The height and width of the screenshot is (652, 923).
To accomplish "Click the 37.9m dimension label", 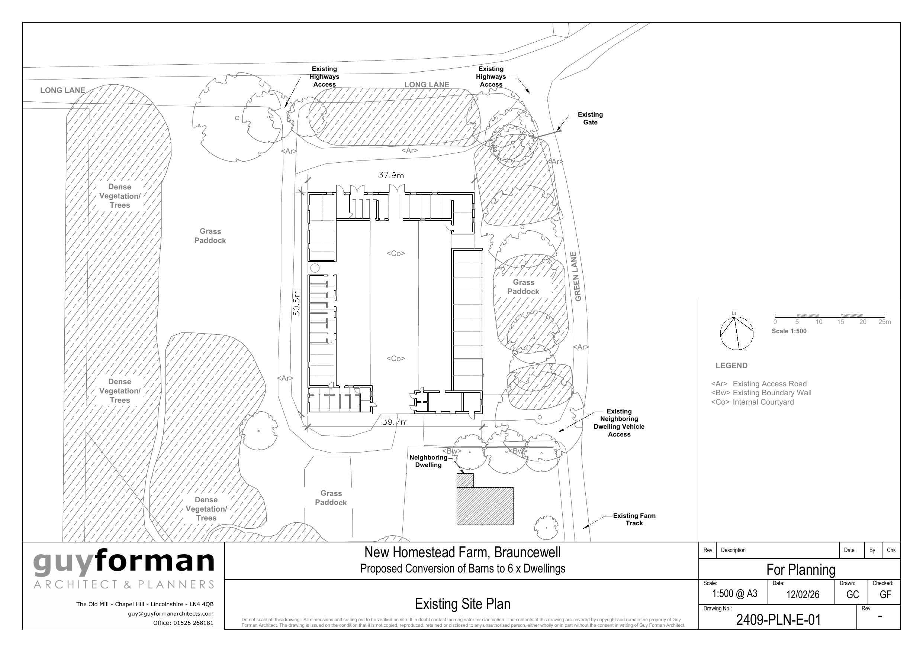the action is (391, 175).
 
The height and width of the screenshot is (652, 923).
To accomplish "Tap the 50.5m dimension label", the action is (297, 302).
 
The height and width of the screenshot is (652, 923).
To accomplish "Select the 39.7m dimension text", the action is (395, 422).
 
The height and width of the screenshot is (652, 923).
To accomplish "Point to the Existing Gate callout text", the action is (590, 119).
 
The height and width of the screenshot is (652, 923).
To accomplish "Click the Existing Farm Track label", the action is (634, 519).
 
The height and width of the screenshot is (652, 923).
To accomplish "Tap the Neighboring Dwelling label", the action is (428, 461).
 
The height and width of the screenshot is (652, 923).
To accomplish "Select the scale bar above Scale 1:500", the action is (830, 316).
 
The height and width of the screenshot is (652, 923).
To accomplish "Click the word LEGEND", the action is (731, 366).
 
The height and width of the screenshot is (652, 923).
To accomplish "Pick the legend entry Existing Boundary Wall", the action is (761, 393).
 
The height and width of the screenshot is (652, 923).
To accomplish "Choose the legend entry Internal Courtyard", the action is (752, 402).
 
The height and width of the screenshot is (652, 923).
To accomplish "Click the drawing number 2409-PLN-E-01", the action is (778, 620).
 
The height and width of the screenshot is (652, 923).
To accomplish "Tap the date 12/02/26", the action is (803, 594).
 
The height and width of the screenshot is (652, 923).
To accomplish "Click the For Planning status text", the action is (800, 570).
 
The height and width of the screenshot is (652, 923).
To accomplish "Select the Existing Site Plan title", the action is (463, 604).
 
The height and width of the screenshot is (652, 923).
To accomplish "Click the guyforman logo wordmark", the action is (124, 562).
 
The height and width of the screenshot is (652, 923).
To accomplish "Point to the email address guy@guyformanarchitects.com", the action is (170, 614).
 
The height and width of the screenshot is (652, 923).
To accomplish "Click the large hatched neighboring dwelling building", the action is (485, 506).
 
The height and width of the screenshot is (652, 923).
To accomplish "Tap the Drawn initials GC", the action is (852, 594).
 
